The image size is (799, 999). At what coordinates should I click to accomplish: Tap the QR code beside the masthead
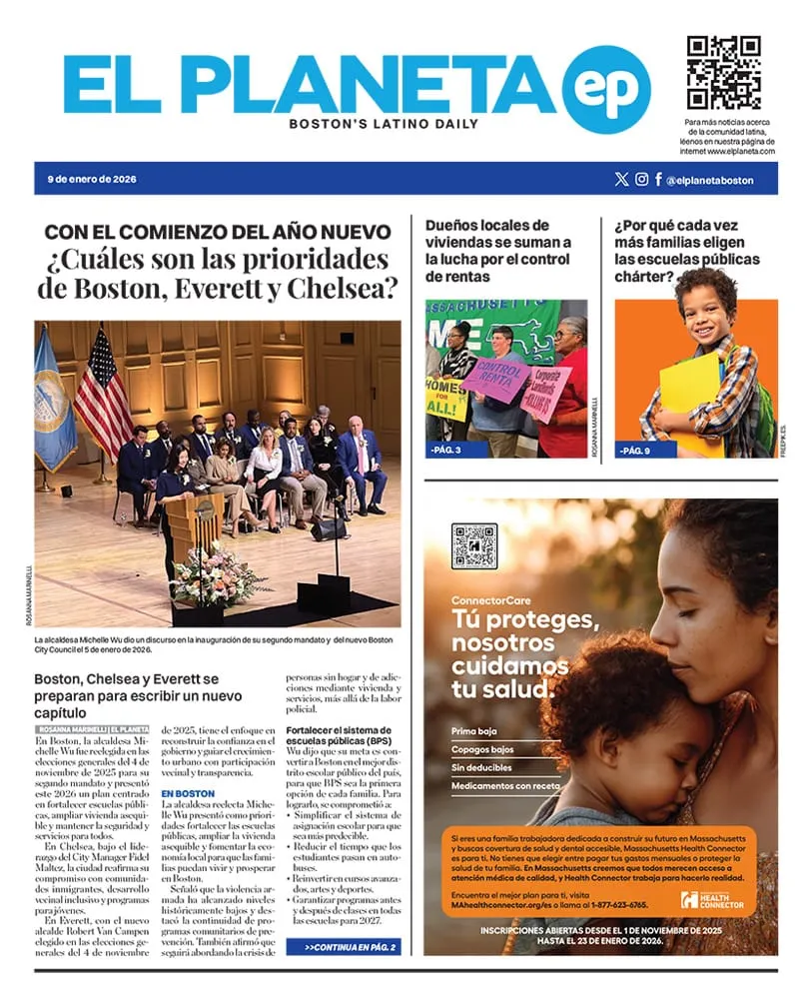[723, 73]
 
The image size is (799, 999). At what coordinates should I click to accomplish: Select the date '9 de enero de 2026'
[92, 180]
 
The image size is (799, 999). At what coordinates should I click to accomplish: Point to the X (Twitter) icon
[621, 180]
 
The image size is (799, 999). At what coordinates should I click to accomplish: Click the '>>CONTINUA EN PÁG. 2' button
[343, 946]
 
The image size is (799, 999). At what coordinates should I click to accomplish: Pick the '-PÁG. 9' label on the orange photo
[633, 450]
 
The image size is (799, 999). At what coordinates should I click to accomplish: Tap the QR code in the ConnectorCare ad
[473, 545]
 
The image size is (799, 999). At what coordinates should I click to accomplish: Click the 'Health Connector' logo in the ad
[713, 900]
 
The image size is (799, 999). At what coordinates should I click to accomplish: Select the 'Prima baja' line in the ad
[474, 731]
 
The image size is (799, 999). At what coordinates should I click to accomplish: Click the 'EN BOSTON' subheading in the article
[188, 794]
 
